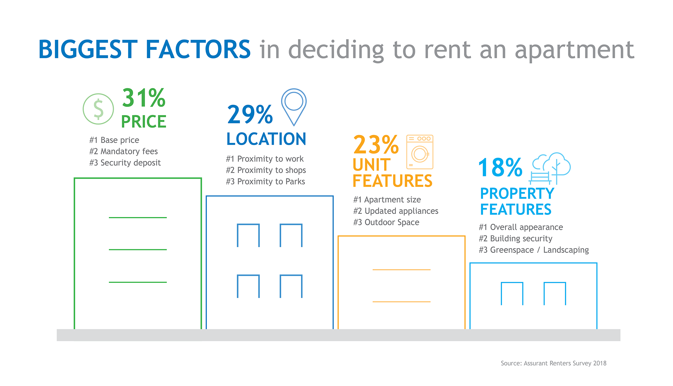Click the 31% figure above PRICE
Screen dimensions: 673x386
(144, 98)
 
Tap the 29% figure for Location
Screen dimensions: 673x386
(250, 114)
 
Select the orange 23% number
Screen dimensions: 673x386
(376, 144)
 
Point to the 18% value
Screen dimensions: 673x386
(500, 167)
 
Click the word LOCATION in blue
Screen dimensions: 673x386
(266, 139)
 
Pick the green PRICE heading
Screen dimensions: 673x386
(144, 122)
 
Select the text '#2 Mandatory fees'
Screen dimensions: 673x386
(124, 152)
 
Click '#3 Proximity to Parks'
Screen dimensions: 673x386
(266, 182)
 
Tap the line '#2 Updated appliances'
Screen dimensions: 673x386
(396, 211)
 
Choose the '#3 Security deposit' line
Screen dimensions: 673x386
(125, 163)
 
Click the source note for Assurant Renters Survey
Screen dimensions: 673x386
(553, 363)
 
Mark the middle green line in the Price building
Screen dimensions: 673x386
(138, 249)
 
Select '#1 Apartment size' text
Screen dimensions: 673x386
(387, 200)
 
